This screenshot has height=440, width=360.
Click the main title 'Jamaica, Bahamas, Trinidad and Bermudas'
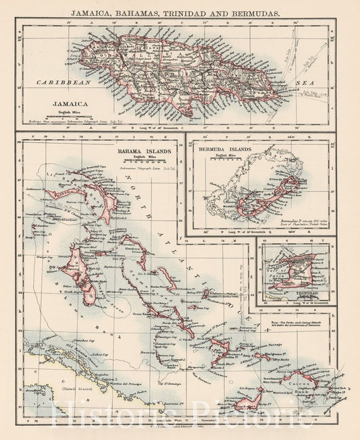click(180, 11)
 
